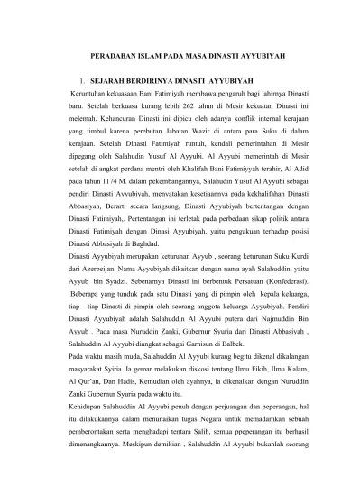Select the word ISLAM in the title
click(x=162, y=55)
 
